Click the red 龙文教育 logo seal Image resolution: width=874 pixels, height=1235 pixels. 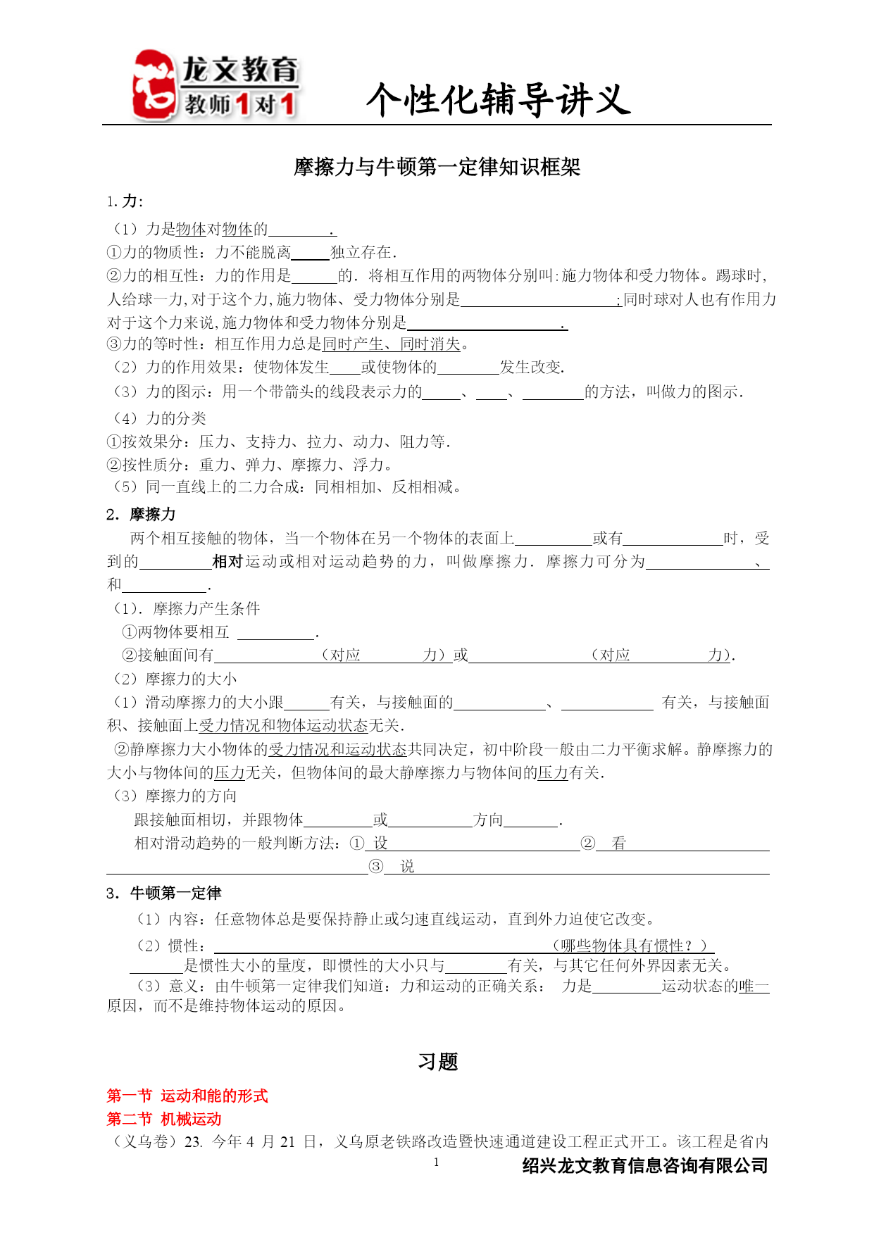click(x=154, y=84)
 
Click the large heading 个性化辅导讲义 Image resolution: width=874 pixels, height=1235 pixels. click(x=498, y=99)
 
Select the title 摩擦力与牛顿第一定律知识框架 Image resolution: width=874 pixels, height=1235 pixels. click(x=437, y=168)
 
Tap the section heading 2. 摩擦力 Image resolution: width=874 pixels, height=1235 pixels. click(x=141, y=515)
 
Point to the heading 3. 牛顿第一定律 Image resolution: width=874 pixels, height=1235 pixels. click(x=164, y=894)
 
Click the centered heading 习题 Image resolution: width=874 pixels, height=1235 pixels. click(x=437, y=1062)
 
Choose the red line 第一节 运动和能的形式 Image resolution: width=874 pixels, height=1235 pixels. click(x=187, y=1096)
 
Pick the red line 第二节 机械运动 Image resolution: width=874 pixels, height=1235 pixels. click(x=164, y=1119)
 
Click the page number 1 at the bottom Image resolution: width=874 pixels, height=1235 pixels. click(x=437, y=1162)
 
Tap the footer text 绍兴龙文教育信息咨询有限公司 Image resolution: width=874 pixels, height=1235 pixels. click(x=644, y=1166)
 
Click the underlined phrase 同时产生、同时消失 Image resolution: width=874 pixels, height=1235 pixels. click(x=391, y=344)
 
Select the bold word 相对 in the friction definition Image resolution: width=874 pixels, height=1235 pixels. click(x=227, y=562)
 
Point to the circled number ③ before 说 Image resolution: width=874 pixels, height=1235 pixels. click(x=376, y=867)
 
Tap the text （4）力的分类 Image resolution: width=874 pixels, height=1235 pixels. click(x=160, y=418)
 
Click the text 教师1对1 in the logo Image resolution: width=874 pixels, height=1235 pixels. click(x=239, y=104)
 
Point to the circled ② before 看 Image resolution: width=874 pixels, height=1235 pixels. click(x=588, y=844)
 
